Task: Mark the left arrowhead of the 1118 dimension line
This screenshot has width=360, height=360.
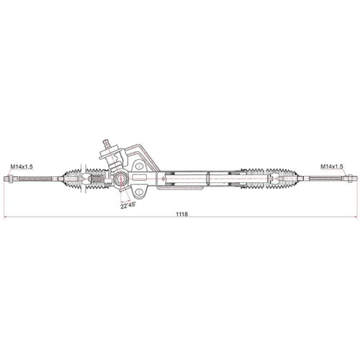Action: coord(6,218)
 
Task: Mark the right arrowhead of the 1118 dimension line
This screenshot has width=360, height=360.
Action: coord(354,218)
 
